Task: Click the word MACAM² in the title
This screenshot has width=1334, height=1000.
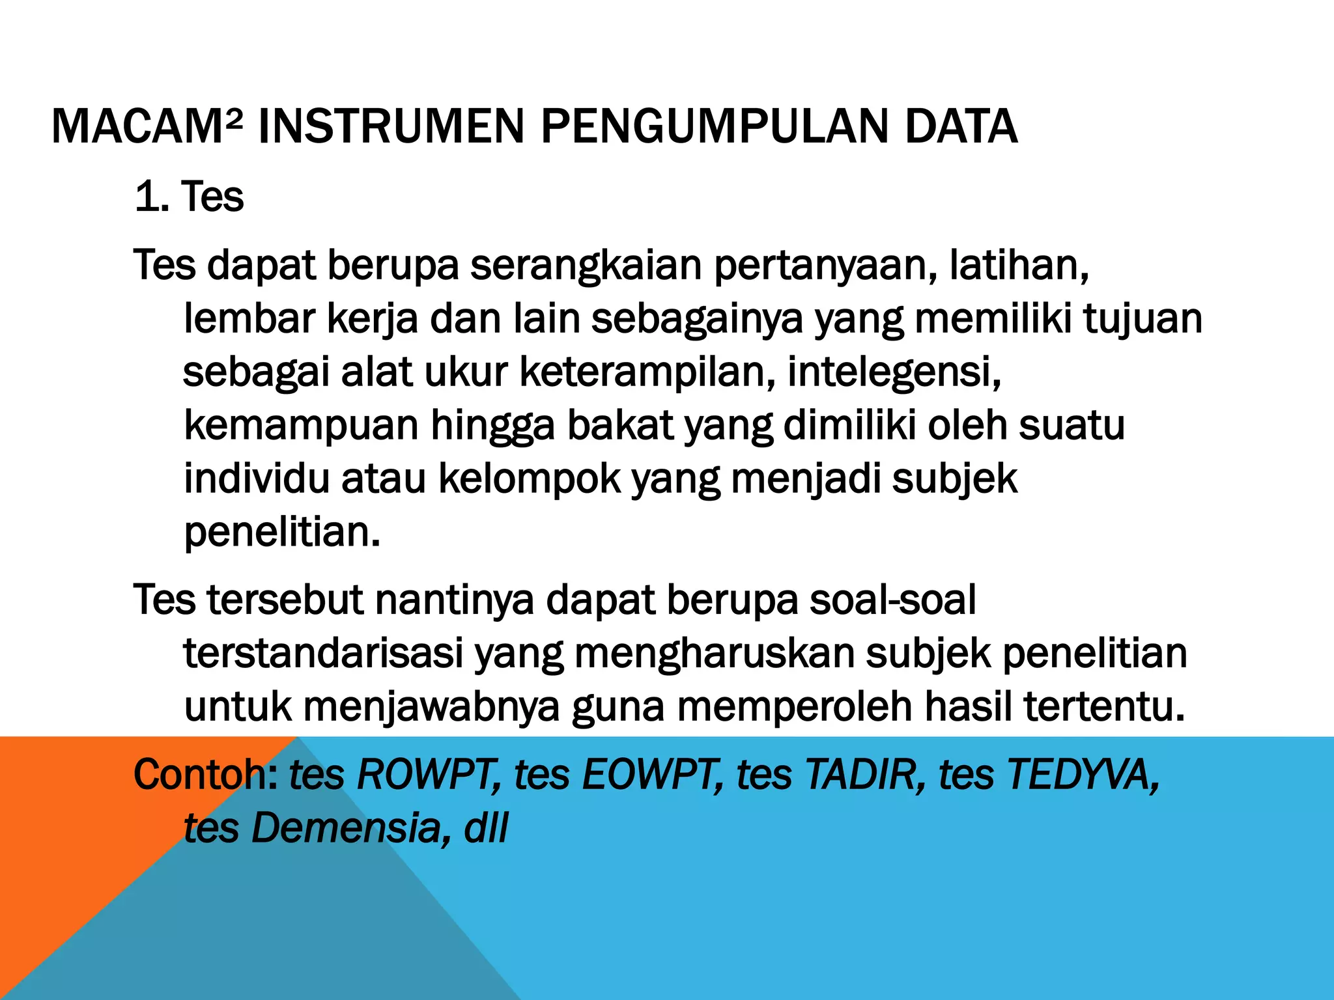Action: [x=147, y=126]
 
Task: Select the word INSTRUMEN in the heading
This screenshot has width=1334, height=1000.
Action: [x=391, y=126]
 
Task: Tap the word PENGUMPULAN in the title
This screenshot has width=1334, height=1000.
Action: [x=714, y=126]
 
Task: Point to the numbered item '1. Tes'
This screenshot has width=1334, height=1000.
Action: [x=189, y=197]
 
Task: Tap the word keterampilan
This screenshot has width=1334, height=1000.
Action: [x=647, y=372]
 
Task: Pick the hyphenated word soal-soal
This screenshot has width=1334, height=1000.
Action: [x=892, y=599]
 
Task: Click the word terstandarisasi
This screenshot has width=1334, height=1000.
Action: [x=323, y=654]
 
